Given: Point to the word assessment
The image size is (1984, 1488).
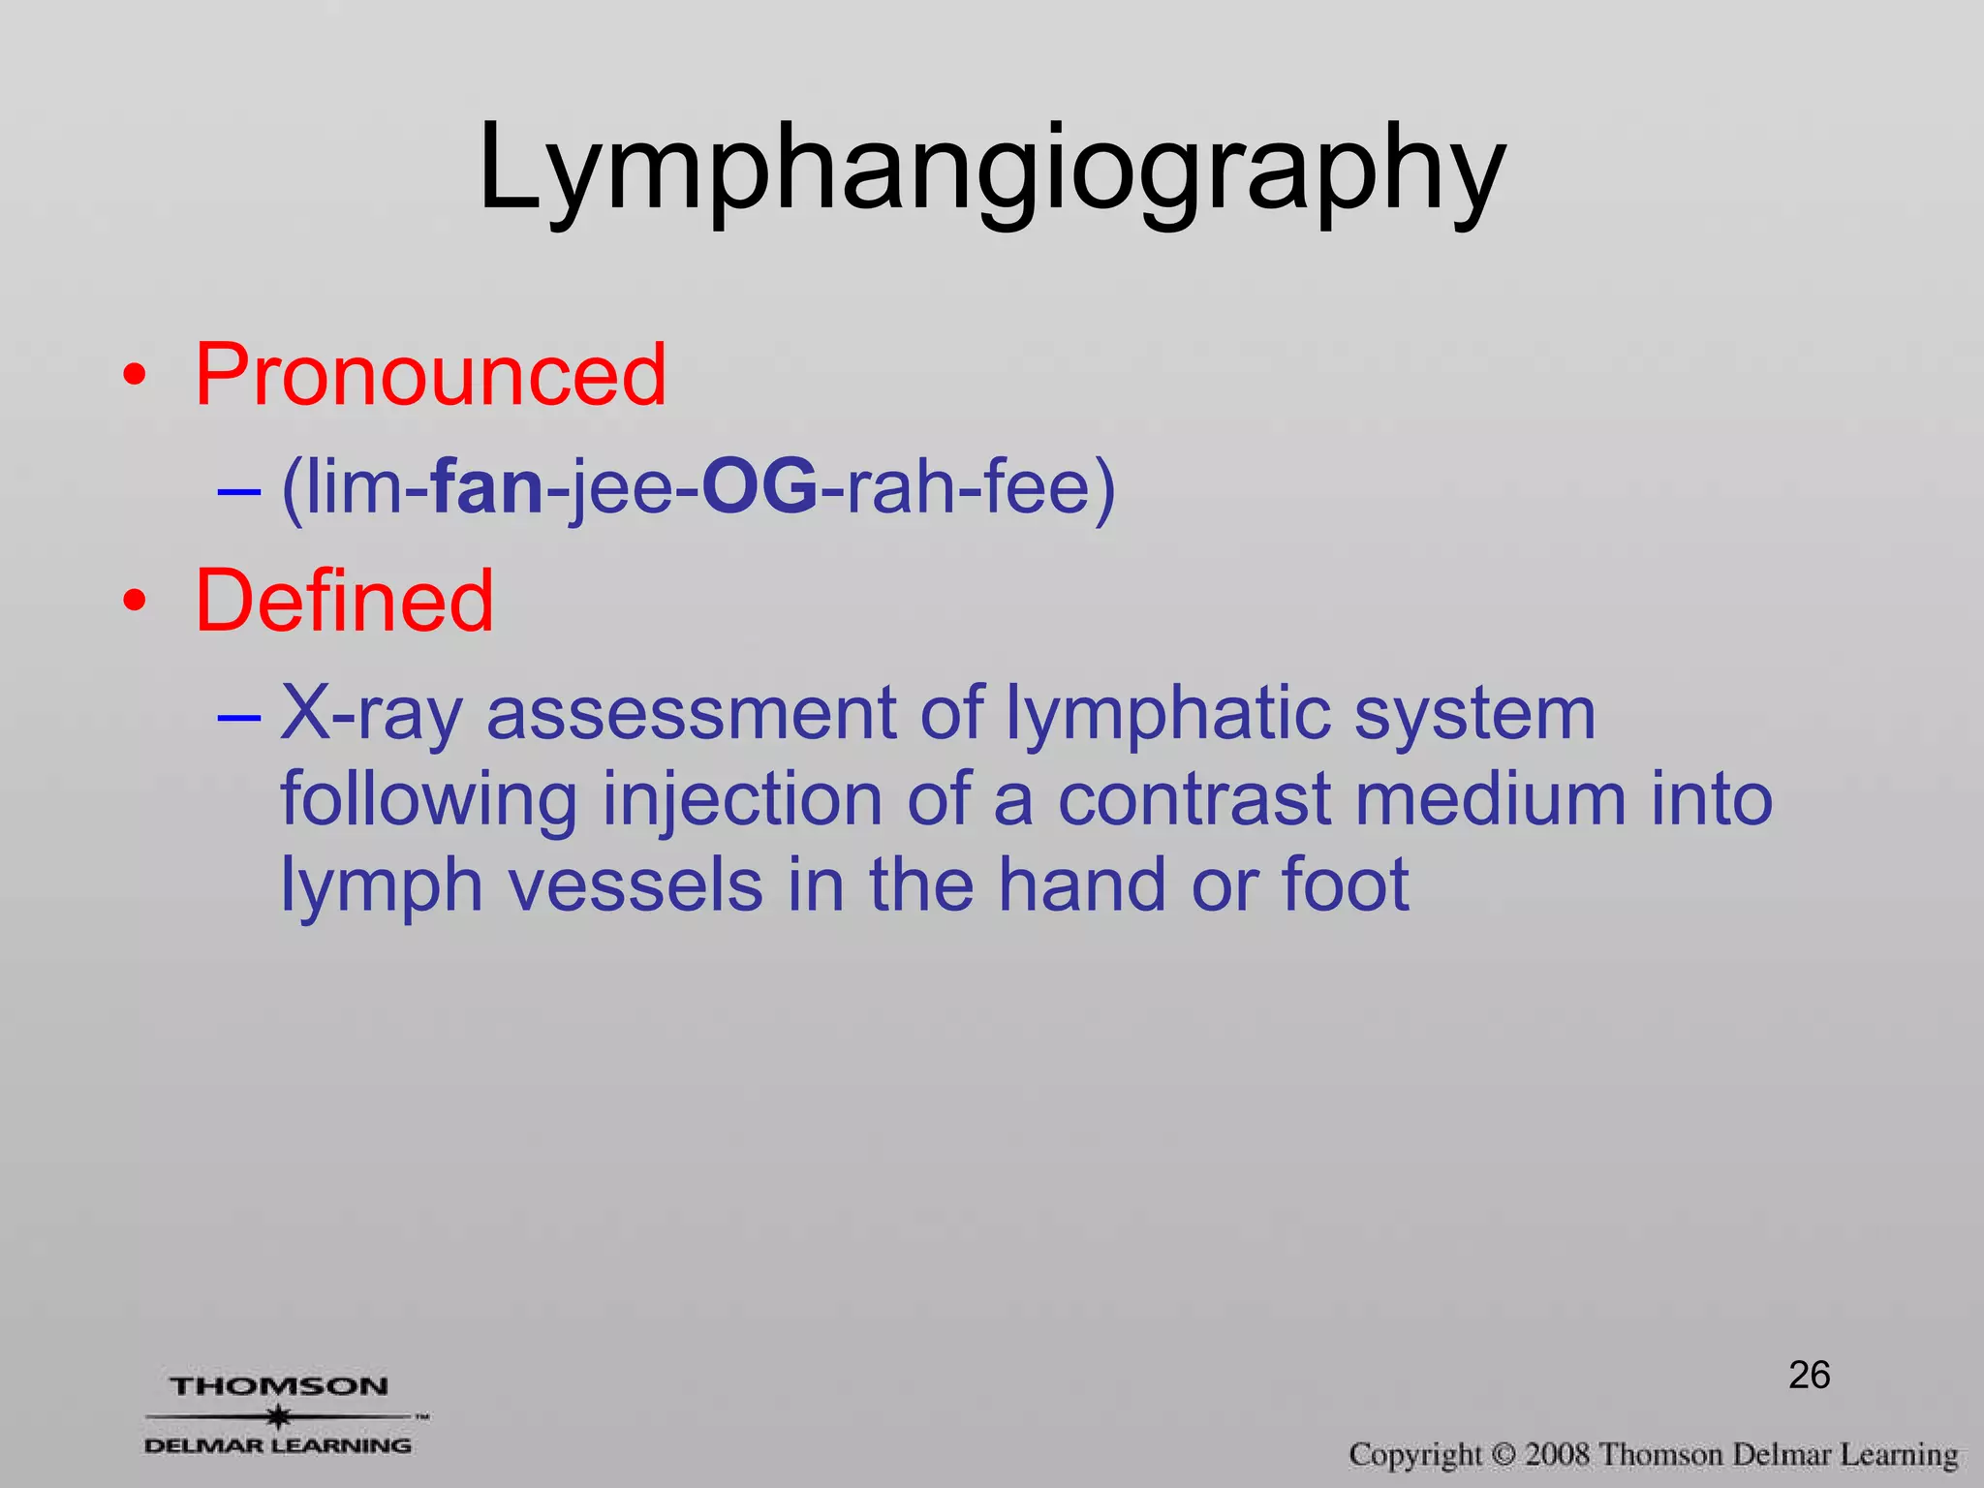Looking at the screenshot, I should (691, 714).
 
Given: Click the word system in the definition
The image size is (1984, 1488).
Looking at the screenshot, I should (1473, 714).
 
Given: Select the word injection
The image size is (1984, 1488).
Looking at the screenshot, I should (742, 800).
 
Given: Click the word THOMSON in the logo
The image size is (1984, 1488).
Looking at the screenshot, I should (279, 1386).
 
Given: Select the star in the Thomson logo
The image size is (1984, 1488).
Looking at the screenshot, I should (279, 1416).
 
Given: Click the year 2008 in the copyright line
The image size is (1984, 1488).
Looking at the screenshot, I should (1557, 1455).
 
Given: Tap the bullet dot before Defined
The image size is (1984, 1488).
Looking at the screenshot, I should (136, 602).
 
